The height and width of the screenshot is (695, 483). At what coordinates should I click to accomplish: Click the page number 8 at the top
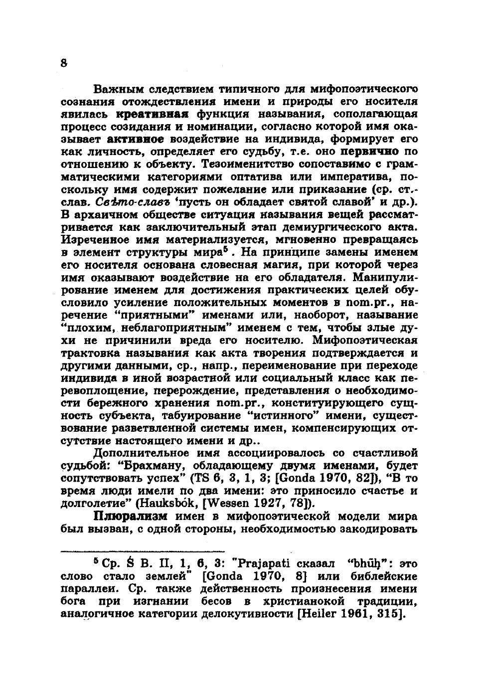coord(63,63)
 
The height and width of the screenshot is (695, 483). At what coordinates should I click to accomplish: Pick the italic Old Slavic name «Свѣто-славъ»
coord(129,202)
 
